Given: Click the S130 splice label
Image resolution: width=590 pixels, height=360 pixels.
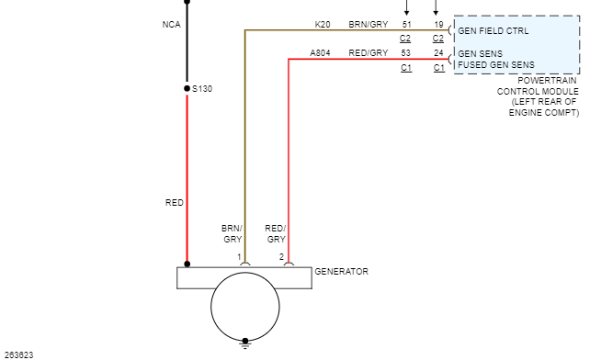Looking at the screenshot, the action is pos(202,89).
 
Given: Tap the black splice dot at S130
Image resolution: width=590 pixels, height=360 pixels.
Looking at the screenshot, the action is pos(187,88).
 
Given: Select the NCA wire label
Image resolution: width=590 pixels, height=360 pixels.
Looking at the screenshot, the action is pos(172,25).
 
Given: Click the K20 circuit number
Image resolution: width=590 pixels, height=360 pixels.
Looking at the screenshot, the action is pos(323,25).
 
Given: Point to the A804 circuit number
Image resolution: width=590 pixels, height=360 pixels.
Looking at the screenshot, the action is pos(320,53).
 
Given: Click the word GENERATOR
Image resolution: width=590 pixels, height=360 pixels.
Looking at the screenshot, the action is pos(341,271).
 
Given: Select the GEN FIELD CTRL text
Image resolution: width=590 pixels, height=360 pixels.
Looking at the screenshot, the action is pos(494,31).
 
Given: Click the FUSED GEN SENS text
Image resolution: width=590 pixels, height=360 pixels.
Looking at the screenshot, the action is pos(496,64).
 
